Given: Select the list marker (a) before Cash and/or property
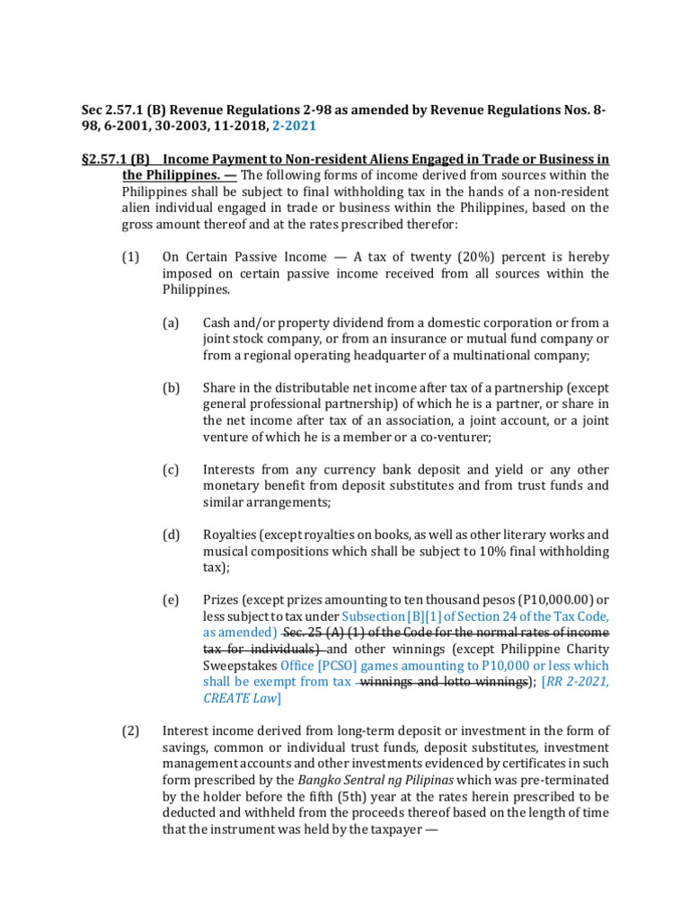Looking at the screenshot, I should pos(171,323).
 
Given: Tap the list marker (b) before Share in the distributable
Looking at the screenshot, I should pos(171,388).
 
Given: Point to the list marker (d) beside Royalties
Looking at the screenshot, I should pos(171,535).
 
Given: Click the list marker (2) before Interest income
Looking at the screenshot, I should pos(130,731).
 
